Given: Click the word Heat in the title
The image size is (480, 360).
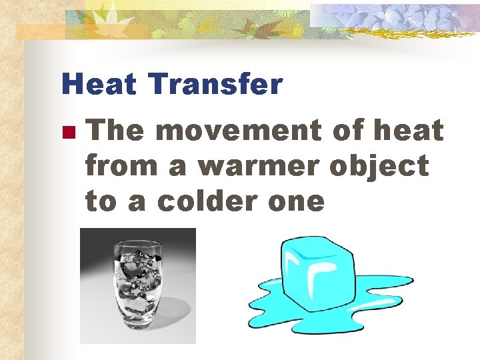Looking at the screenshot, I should point(99,85).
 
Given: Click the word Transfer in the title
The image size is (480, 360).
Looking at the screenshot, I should point(216,85).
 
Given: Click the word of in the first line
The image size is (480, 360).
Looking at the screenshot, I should point(347,131).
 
